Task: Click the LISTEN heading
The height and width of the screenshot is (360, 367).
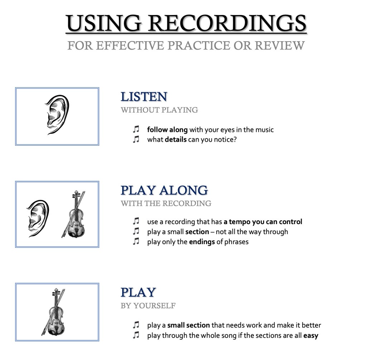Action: pyautogui.click(x=144, y=97)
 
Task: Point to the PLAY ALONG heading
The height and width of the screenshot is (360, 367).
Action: pyautogui.click(x=164, y=190)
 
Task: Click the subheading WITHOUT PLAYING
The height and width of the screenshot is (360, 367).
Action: pyautogui.click(x=159, y=110)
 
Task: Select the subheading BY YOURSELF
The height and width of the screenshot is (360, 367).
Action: pyautogui.click(x=148, y=305)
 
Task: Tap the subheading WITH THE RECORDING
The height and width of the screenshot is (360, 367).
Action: pyautogui.click(x=166, y=203)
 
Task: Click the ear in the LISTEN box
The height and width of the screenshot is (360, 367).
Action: pyautogui.click(x=57, y=115)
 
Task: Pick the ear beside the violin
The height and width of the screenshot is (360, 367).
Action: pyautogui.click(x=38, y=218)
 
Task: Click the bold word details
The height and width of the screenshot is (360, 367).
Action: pyautogui.click(x=176, y=139)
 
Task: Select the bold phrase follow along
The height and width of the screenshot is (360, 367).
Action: pyautogui.click(x=167, y=130)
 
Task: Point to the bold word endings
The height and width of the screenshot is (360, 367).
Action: pyautogui.click(x=202, y=242)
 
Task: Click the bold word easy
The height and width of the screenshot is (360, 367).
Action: pyautogui.click(x=311, y=336)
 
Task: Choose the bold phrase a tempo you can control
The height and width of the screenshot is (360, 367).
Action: pyautogui.click(x=263, y=222)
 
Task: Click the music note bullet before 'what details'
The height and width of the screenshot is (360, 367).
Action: pyautogui.click(x=136, y=139)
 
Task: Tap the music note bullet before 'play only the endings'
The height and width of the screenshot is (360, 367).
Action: pyautogui.click(x=136, y=241)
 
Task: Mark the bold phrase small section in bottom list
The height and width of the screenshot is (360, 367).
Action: pyautogui.click(x=189, y=325)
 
